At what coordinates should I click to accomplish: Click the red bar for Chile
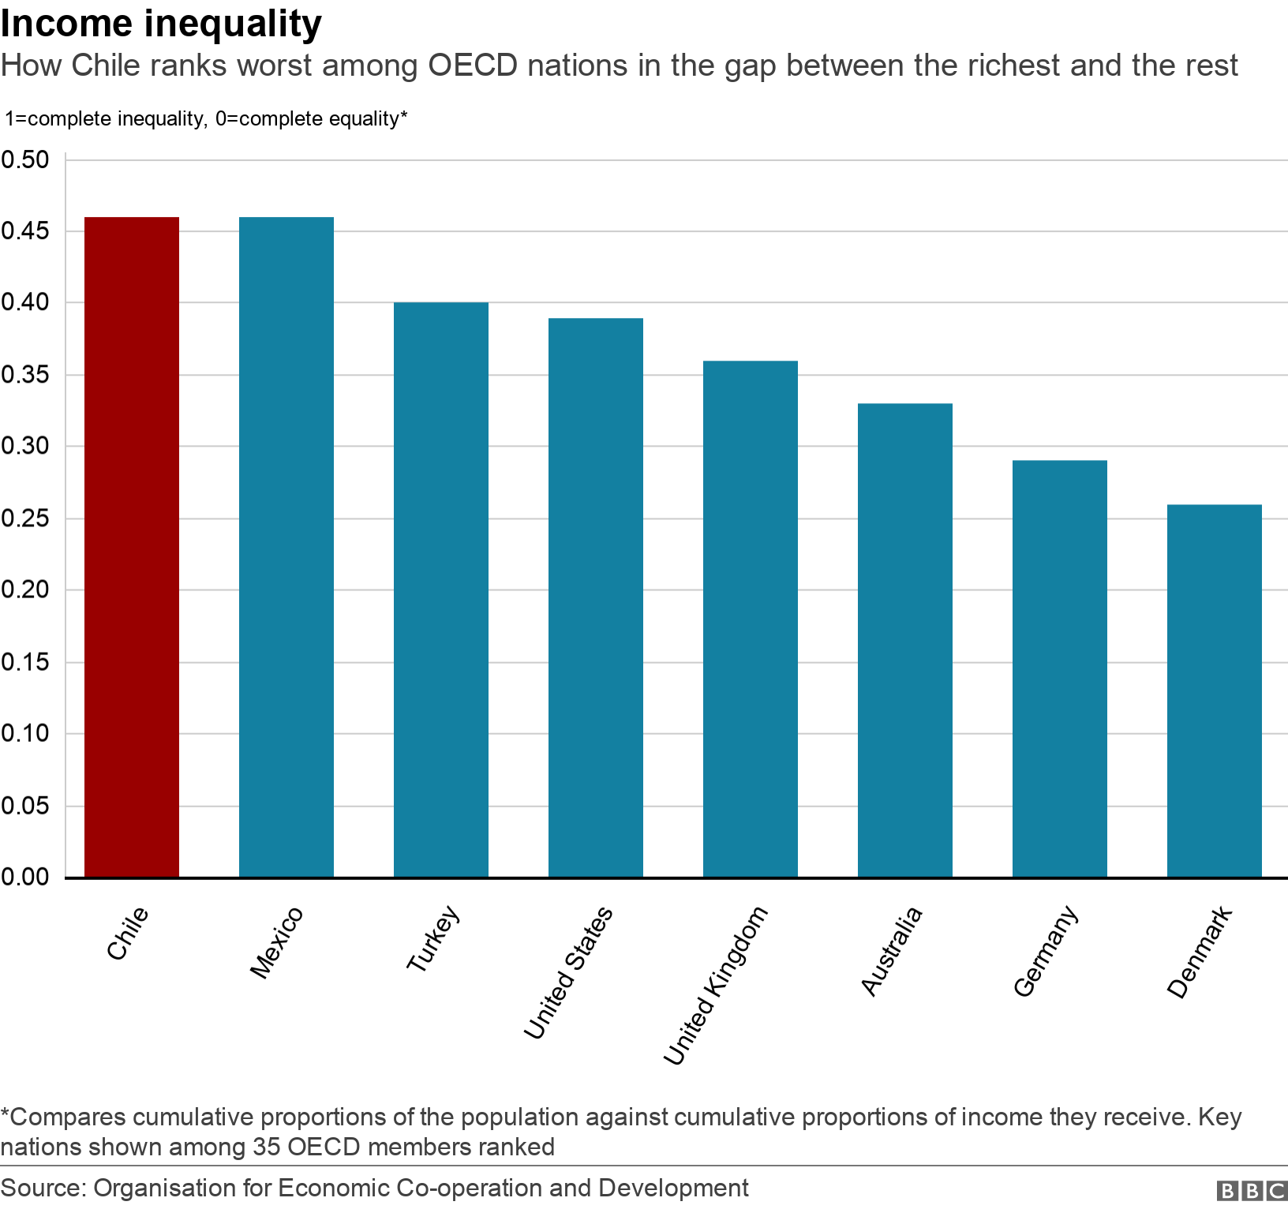pos(132,547)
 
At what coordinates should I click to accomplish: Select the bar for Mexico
pos(286,547)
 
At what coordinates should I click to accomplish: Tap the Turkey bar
pos(441,590)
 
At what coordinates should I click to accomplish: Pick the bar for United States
pos(596,597)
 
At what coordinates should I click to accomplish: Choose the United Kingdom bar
pos(751,619)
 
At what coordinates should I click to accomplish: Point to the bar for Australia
pos(905,640)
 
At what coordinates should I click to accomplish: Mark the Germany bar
pos(1060,668)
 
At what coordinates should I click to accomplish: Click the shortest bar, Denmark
pos(1215,691)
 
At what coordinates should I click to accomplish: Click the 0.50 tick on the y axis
pos(25,159)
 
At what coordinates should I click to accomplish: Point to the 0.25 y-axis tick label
pos(25,518)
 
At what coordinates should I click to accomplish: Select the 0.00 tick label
pos(25,877)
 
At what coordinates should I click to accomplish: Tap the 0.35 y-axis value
pos(25,375)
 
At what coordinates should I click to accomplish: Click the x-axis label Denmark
pos(1200,953)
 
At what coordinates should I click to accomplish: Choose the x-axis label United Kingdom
pos(715,986)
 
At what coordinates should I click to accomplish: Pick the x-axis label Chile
pos(128,933)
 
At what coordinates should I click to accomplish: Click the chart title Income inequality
pos(161,24)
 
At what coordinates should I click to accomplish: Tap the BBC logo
pos(1251,1190)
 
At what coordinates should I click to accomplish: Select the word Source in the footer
pos(42,1188)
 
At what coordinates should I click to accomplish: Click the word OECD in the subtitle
pos(472,66)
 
